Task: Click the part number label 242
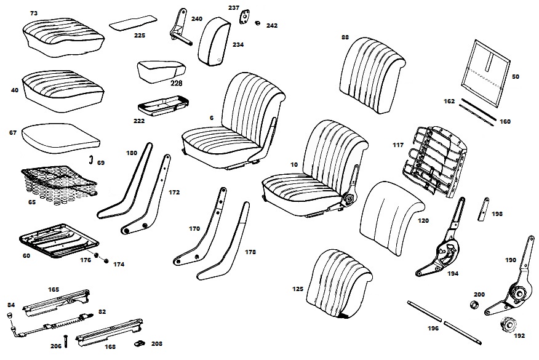pyautogui.click(x=272, y=26)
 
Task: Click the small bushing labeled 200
pyautogui.click(x=474, y=305)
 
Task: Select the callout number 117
pyautogui.click(x=398, y=145)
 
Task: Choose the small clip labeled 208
pyautogui.click(x=140, y=342)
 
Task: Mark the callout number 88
pyautogui.click(x=345, y=37)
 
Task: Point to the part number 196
pyautogui.click(x=433, y=328)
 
